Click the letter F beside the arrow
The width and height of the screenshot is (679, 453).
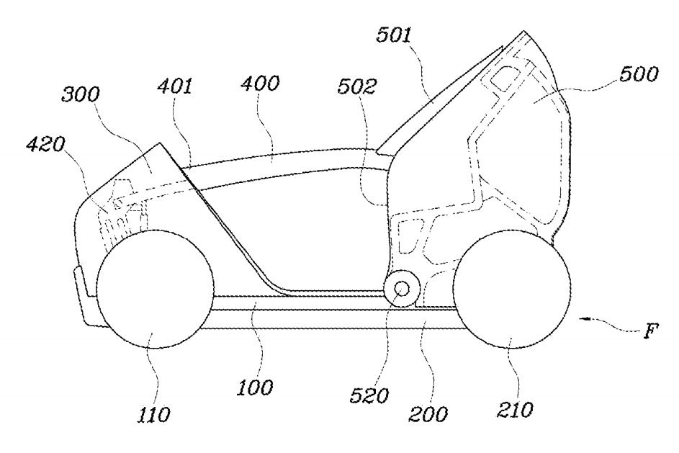652,333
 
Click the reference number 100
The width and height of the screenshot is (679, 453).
257,388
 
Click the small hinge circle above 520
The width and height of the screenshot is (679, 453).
400,289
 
